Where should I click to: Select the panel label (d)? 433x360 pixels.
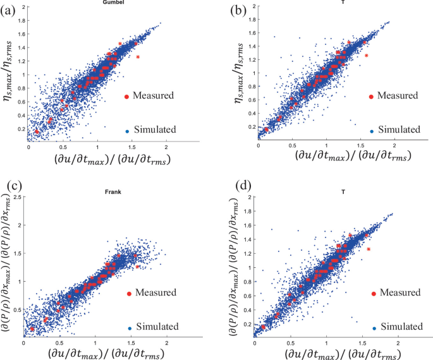(x=244, y=186)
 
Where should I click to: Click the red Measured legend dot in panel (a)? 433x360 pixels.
(x=127, y=96)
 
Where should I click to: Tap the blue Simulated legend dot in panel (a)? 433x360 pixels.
(x=127, y=131)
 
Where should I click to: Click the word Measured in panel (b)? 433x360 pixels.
(x=398, y=96)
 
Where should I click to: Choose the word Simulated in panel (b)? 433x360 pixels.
(x=399, y=130)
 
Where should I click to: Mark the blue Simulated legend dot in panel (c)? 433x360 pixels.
(x=130, y=328)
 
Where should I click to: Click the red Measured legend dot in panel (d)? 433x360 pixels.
(x=374, y=294)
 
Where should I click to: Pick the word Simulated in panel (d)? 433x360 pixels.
(x=401, y=327)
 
